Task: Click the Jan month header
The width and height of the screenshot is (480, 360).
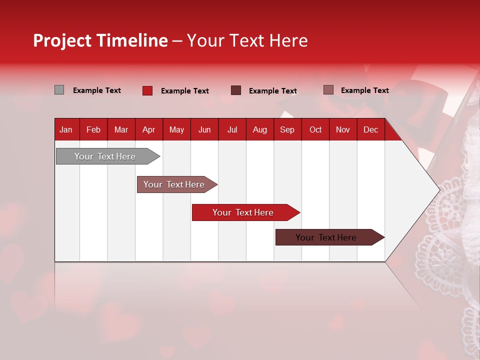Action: pos(66,129)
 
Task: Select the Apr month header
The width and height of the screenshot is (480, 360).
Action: pos(149,129)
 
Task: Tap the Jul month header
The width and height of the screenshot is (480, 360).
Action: pos(232,129)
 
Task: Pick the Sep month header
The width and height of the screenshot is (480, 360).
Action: pos(287,129)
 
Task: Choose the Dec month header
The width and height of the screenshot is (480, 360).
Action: pos(370,129)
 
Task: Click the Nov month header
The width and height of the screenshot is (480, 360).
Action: pos(343,129)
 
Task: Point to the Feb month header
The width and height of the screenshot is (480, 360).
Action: pos(93,129)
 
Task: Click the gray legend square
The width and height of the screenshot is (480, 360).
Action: pos(59,90)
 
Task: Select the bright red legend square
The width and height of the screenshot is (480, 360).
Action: pos(147,90)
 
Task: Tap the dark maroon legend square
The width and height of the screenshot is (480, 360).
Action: pos(236,90)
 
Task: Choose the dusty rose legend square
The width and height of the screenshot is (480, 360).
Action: pos(328,90)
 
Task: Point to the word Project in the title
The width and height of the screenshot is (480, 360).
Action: pos(62,40)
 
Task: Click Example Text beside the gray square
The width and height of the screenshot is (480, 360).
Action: pos(97,90)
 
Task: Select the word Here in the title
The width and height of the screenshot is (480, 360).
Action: pos(288,40)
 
